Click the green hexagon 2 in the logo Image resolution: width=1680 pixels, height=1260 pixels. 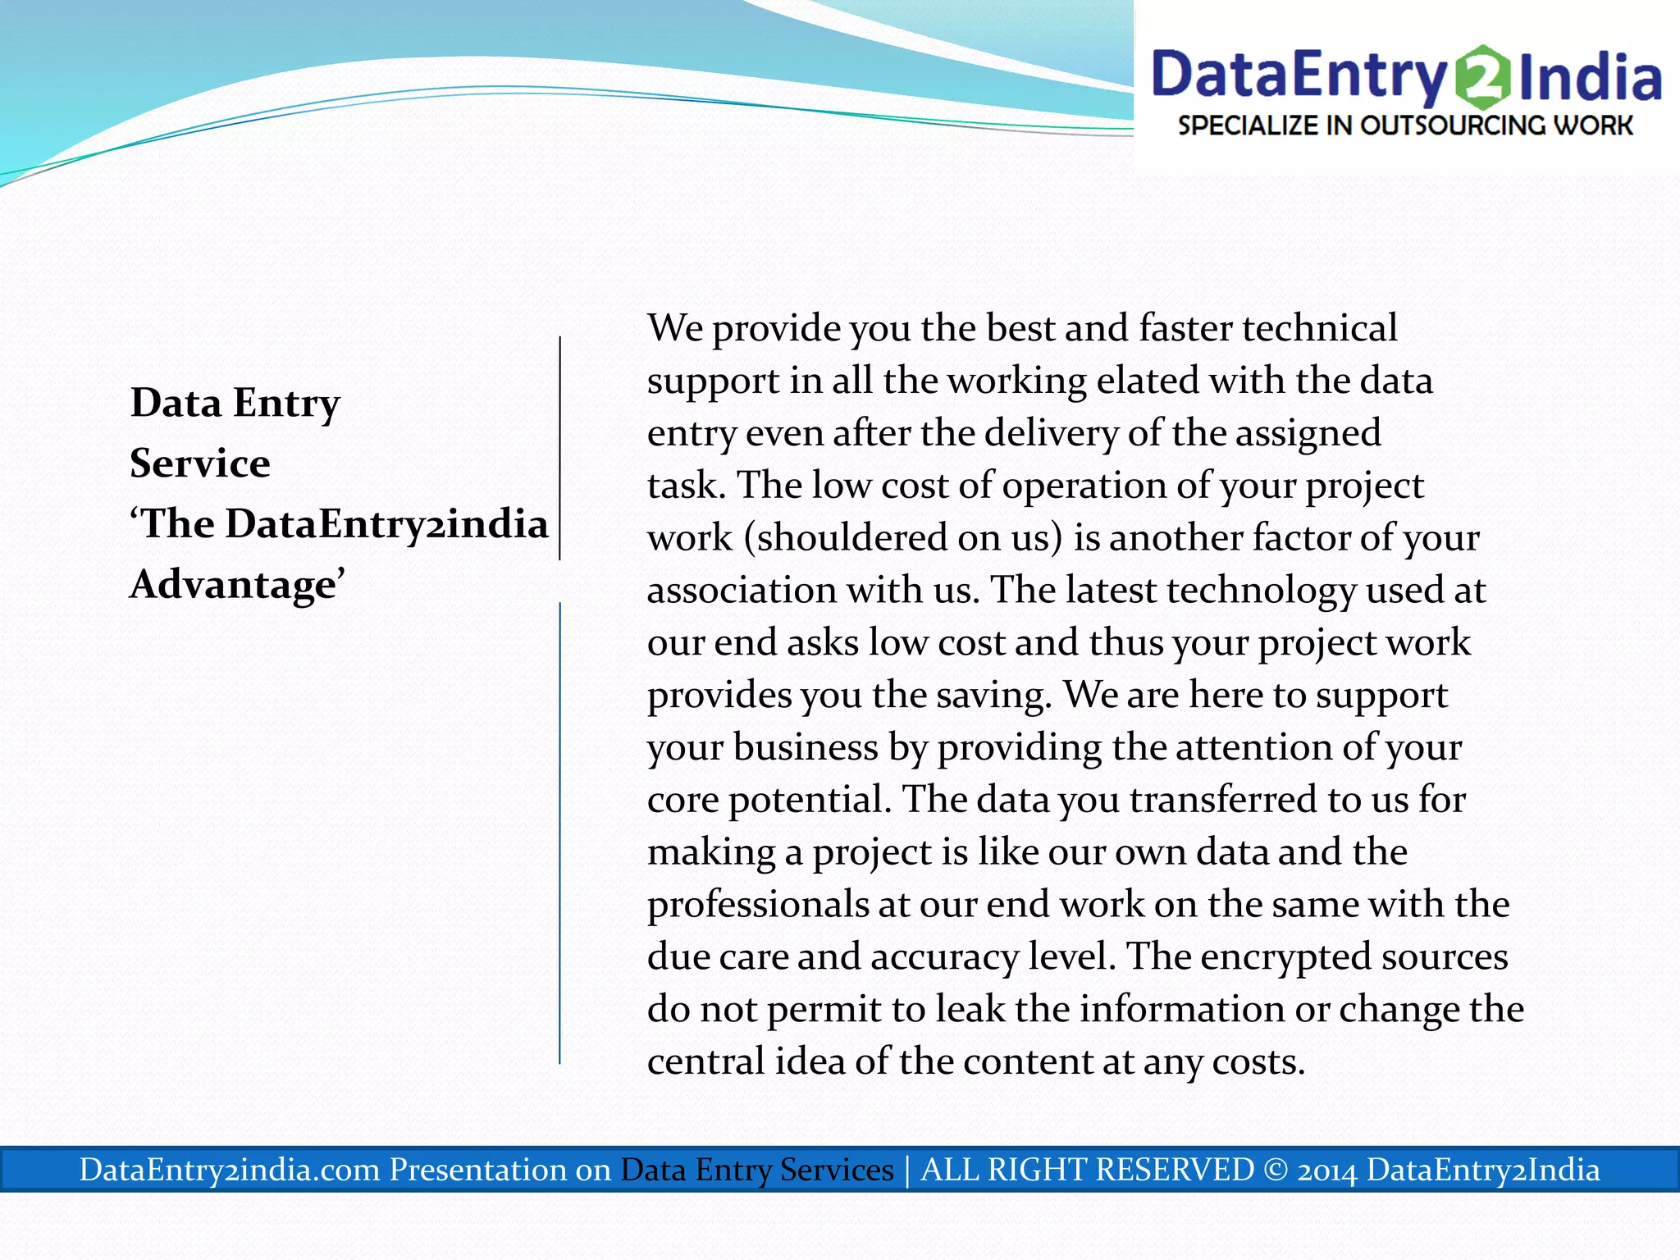[1483, 76]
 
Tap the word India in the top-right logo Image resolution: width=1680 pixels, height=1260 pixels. [1590, 77]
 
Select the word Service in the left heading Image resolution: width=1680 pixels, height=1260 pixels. [200, 463]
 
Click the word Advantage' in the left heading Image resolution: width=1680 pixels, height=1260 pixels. [237, 585]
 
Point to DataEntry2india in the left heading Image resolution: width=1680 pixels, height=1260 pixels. [386, 524]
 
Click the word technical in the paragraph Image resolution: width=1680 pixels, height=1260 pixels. [1320, 328]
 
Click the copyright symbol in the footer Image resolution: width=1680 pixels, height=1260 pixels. [1276, 1170]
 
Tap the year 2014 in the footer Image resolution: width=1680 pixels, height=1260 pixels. [1327, 1171]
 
